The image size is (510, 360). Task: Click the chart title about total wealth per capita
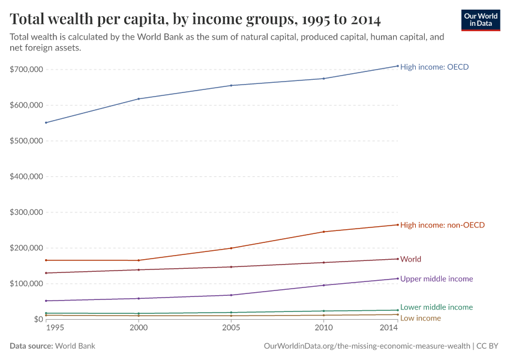click(x=195, y=19)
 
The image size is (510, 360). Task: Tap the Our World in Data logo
click(x=481, y=20)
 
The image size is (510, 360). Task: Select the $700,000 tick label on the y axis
click(x=26, y=70)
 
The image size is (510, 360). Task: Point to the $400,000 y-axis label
click(x=26, y=176)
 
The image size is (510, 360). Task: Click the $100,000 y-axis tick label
click(x=26, y=283)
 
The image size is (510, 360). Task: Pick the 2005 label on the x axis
click(x=231, y=329)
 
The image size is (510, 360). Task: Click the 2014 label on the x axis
click(x=389, y=329)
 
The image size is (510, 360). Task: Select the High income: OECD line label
click(x=434, y=67)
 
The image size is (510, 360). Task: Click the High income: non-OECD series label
click(x=442, y=225)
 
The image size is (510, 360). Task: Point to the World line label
click(x=410, y=259)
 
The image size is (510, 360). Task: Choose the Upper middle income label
click(x=436, y=278)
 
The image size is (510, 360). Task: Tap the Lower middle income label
click(x=436, y=307)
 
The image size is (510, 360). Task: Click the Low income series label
click(x=420, y=318)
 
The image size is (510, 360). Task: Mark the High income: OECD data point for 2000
click(x=139, y=99)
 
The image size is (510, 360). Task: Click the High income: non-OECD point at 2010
click(x=324, y=232)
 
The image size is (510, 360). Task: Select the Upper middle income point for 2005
click(x=231, y=295)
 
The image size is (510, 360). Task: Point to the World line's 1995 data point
click(x=46, y=273)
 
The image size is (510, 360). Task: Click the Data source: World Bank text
click(x=52, y=346)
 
